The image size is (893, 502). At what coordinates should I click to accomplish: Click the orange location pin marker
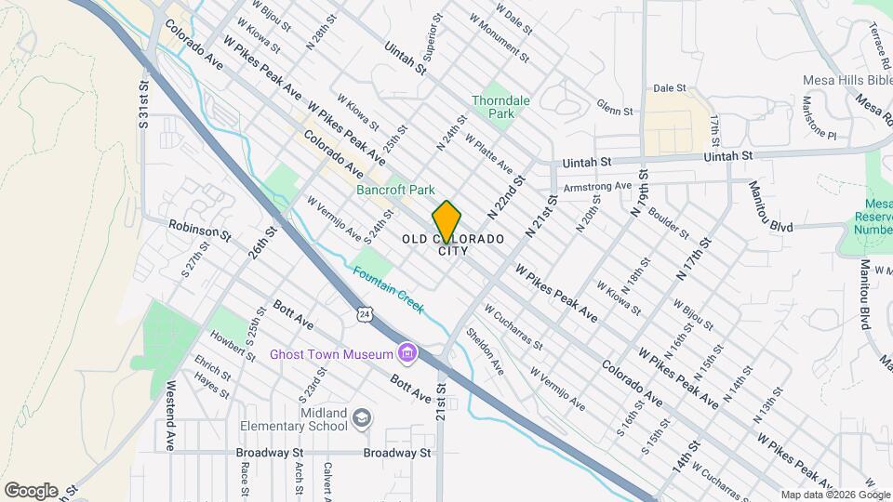(x=447, y=221)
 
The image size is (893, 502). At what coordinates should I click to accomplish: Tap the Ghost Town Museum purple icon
(x=407, y=353)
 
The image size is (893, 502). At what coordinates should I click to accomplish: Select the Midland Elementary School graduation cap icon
(x=361, y=420)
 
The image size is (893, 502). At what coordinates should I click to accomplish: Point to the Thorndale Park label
(x=492, y=106)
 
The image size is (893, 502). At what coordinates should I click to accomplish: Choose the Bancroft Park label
(x=394, y=189)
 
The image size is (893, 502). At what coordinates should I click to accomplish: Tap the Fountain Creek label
(x=389, y=289)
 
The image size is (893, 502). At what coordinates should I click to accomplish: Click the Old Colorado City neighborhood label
(x=454, y=244)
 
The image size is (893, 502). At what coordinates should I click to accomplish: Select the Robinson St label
(x=200, y=229)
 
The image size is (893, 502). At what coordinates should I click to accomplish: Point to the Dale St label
(x=662, y=88)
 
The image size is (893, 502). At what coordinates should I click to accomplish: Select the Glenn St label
(x=614, y=108)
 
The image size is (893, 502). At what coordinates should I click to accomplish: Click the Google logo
(x=31, y=491)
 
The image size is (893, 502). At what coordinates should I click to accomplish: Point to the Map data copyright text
(x=834, y=495)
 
